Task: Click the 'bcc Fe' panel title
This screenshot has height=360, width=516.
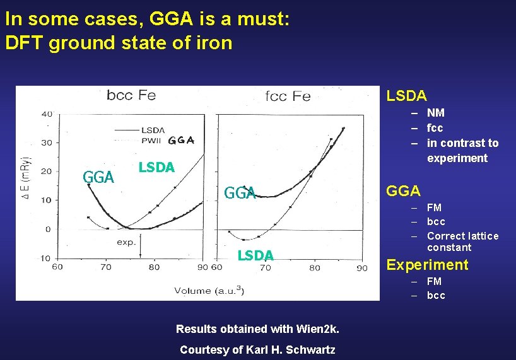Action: coord(131,96)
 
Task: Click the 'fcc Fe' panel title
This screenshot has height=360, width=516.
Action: coord(288,96)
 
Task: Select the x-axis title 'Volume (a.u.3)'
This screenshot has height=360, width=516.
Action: coord(209,290)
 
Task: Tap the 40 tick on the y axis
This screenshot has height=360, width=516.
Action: coord(47,114)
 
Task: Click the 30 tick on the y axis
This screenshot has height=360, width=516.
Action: coord(47,142)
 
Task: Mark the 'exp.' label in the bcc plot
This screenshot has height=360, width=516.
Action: coord(126,242)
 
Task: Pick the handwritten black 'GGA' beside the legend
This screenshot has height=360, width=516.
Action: coord(181,140)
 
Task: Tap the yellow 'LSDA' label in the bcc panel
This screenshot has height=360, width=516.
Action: coord(156,167)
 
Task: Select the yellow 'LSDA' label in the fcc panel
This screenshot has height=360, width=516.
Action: coord(255,255)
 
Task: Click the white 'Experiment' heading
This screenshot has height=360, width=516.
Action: coord(427,265)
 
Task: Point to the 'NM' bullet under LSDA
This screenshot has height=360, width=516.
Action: coord(436,113)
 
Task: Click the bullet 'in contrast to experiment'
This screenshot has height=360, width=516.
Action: coord(462,151)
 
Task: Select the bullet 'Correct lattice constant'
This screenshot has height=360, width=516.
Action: coord(462,241)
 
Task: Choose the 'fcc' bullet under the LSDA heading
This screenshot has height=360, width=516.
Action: coord(435,128)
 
